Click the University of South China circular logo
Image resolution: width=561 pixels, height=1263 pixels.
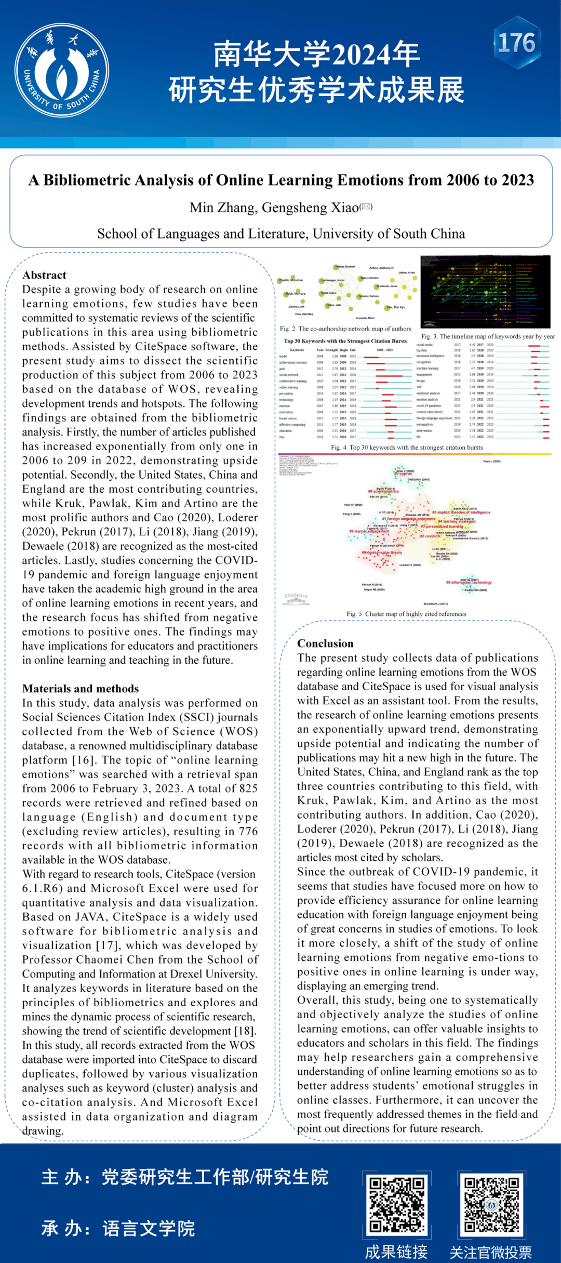62,70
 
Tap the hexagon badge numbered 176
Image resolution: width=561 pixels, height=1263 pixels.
517,43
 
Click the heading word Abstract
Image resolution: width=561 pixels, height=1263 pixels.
44,275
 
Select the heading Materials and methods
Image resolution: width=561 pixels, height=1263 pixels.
81,688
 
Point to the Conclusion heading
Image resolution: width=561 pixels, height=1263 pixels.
325,643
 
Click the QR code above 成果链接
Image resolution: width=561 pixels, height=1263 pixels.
396,1205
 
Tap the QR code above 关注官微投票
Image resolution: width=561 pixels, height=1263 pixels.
491,1205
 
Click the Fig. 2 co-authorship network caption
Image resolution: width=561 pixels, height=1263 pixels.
345,328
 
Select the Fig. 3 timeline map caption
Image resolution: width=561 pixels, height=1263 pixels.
488,336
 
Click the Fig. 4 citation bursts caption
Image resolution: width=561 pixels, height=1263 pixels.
407,448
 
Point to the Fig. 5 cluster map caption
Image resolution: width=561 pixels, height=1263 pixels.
406,614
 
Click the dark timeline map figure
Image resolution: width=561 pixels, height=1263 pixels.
485,291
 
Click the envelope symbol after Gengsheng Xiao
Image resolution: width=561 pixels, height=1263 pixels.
366,206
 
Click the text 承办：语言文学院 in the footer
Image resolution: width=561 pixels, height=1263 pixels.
118,1229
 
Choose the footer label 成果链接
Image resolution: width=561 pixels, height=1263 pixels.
396,1252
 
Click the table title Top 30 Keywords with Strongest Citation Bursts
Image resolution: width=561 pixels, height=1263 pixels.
345,341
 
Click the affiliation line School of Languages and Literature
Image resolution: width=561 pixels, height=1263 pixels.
281,234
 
